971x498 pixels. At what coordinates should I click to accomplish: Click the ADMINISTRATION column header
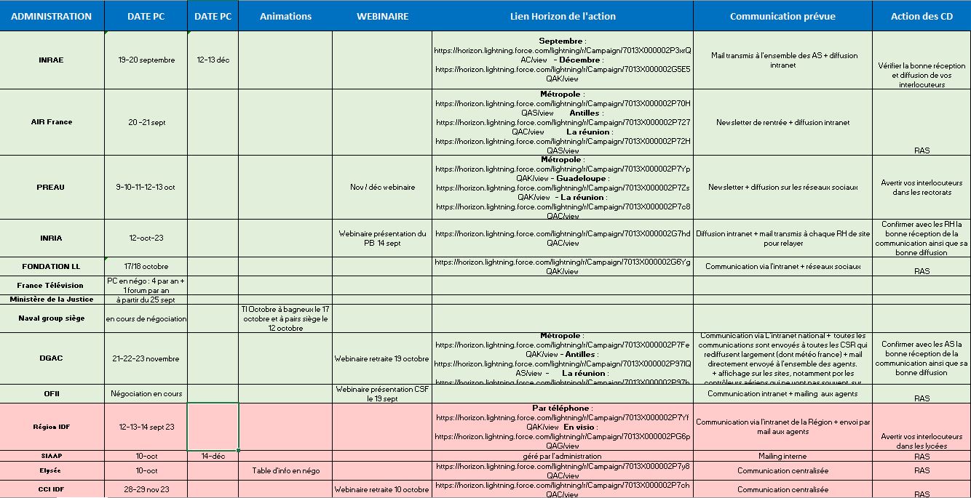click(x=52, y=16)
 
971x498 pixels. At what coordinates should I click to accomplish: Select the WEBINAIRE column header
click(x=382, y=16)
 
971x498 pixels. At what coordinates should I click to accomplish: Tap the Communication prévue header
click(x=782, y=16)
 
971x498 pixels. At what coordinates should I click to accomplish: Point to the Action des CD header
click(x=922, y=16)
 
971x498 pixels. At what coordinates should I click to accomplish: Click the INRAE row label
click(x=52, y=60)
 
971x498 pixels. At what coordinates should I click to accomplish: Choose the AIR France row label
click(x=52, y=122)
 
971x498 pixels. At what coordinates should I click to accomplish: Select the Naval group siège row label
click(x=52, y=318)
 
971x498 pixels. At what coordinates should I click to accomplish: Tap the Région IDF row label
click(x=52, y=427)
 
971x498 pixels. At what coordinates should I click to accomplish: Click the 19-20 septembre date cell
click(x=146, y=60)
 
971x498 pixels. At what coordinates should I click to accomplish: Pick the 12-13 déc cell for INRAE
click(x=213, y=60)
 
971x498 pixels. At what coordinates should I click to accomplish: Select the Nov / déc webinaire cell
click(x=382, y=187)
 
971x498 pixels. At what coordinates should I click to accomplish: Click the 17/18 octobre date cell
click(x=146, y=266)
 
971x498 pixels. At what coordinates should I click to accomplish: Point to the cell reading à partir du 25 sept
click(x=146, y=300)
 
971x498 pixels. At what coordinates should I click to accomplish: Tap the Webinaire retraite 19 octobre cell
click(x=382, y=358)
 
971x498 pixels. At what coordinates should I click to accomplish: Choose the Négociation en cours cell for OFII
click(x=146, y=393)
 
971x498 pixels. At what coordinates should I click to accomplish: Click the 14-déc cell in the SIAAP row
click(x=213, y=456)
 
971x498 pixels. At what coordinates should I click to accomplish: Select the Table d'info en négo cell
click(x=285, y=470)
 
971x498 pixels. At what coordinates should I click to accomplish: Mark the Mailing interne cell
click(x=782, y=456)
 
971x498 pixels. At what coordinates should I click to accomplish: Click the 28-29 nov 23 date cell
click(x=146, y=489)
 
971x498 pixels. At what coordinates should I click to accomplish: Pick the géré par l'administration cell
click(x=562, y=456)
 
